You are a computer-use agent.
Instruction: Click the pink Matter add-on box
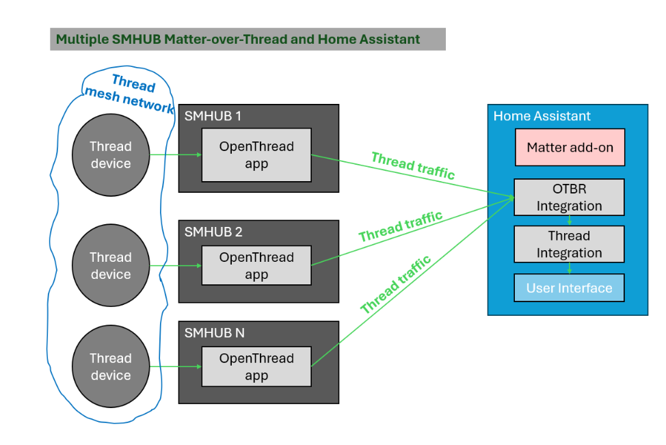[x=570, y=147]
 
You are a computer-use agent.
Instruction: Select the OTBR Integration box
[x=570, y=198]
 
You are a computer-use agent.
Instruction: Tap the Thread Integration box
[x=570, y=244]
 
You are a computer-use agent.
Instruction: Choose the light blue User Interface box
[x=570, y=288]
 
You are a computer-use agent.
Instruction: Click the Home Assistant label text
[x=542, y=116]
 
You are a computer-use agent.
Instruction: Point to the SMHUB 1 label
[x=213, y=116]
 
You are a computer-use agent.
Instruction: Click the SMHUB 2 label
[x=213, y=232]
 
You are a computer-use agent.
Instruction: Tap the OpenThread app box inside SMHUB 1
[x=256, y=155]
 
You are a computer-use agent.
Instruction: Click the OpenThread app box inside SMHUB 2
[x=256, y=266]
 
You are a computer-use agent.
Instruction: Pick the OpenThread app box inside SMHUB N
[x=256, y=366]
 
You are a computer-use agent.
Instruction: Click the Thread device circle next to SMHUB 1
[x=111, y=154]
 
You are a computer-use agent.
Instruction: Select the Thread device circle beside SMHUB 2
[x=111, y=265]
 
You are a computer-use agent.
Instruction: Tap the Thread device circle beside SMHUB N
[x=111, y=366]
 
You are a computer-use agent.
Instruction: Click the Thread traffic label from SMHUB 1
[x=413, y=166]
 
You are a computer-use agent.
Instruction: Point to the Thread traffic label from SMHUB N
[x=396, y=284]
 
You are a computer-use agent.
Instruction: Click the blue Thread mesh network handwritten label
[x=129, y=94]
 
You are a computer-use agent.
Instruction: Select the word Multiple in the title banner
[x=81, y=39]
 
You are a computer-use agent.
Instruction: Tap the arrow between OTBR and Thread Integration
[x=570, y=220]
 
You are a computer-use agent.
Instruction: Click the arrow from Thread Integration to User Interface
[x=570, y=269]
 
